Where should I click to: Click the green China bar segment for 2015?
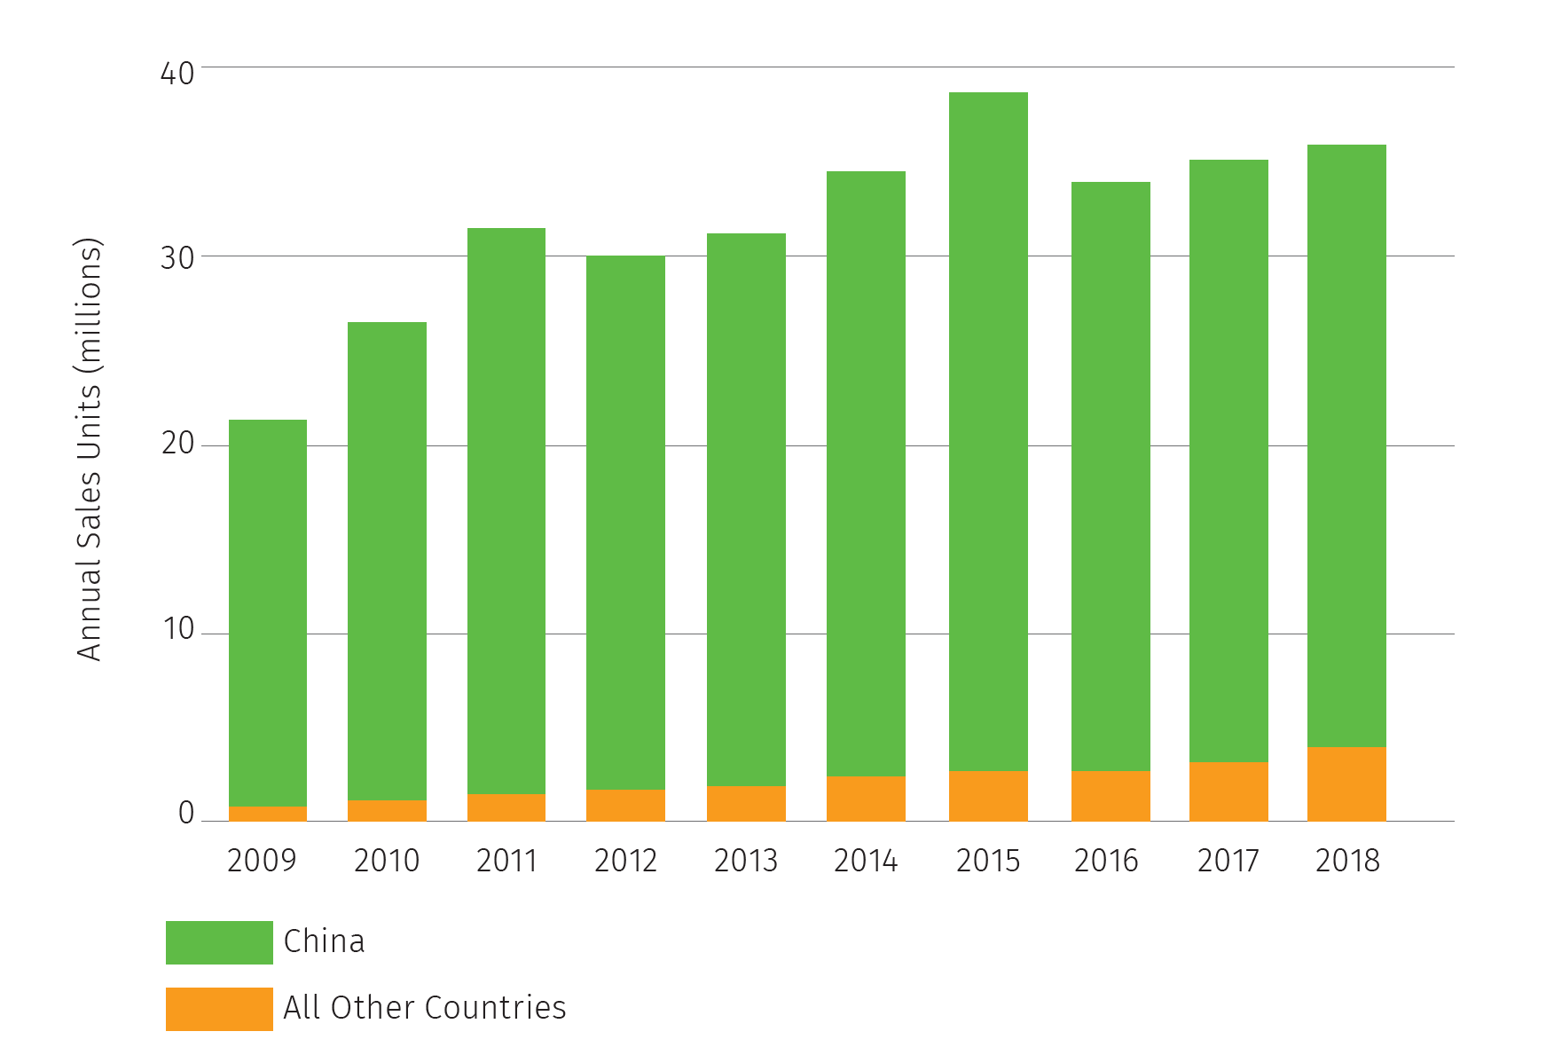pos(988,431)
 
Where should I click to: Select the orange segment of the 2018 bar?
pos(1346,783)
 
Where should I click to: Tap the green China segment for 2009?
pos(268,612)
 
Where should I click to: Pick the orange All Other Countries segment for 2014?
pos(866,799)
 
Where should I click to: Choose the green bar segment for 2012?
pos(625,522)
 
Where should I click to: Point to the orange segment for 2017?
pos(1228,791)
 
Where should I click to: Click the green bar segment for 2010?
pos(387,561)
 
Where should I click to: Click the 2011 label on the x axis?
pos(506,861)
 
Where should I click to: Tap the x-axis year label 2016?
pos(1106,861)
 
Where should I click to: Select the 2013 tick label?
pos(746,861)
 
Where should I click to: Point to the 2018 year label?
pos(1347,861)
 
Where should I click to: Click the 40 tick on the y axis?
pos(177,73)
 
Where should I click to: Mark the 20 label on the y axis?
pos(177,443)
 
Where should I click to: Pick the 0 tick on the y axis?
pos(186,813)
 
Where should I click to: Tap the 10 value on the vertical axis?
pos(177,629)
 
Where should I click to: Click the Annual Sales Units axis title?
pos(90,449)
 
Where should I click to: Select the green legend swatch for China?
pos(219,942)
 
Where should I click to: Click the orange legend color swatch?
pos(219,1009)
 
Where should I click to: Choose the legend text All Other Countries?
pos(424,1008)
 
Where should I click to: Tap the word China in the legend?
pos(324,941)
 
